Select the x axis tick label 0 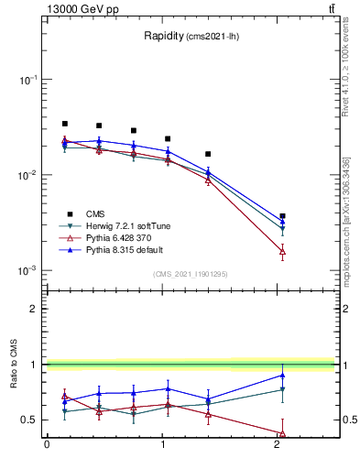pyautogui.click(x=47, y=446)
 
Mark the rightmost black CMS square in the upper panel pyautogui.click(x=282, y=216)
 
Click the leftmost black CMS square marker pyautogui.click(x=64, y=124)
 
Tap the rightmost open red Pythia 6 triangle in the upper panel pyautogui.click(x=282, y=250)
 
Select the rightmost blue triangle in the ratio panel pyautogui.click(x=282, y=375)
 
